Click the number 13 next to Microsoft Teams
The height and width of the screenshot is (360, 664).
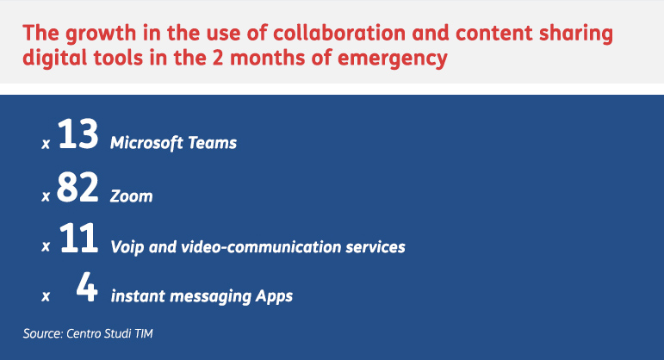pyautogui.click(x=78, y=133)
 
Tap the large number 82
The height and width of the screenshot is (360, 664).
pyautogui.click(x=78, y=187)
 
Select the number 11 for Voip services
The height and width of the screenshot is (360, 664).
pyautogui.click(x=78, y=238)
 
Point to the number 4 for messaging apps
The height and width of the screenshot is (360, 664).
pyautogui.click(x=87, y=287)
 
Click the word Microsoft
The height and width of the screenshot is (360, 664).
pyautogui.click(x=146, y=143)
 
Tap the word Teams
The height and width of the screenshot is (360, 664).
pyautogui.click(x=212, y=143)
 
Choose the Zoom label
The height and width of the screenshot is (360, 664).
pyautogui.click(x=131, y=196)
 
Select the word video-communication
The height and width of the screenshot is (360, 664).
pyautogui.click(x=261, y=247)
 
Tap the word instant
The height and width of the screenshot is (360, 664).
pyautogui.click(x=138, y=296)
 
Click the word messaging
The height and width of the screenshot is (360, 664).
pyautogui.click(x=210, y=296)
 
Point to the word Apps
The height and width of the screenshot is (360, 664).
pyautogui.click(x=274, y=296)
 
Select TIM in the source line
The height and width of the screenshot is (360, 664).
pyautogui.click(x=144, y=334)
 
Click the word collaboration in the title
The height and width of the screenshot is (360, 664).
pyautogui.click(x=339, y=33)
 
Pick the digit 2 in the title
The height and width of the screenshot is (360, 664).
pyautogui.click(x=218, y=58)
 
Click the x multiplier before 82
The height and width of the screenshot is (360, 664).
pyautogui.click(x=46, y=196)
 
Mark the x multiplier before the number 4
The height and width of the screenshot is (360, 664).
pyautogui.click(x=46, y=296)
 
